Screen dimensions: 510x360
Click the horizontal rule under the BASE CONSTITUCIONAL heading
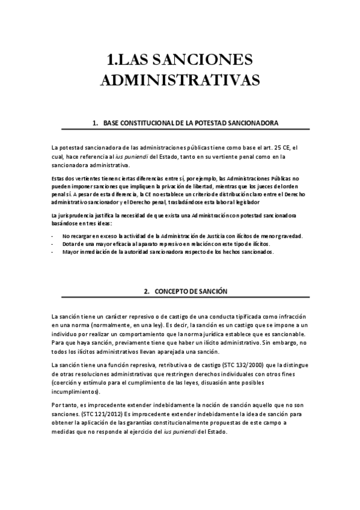coord(180,129)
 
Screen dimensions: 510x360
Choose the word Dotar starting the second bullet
coord(70,244)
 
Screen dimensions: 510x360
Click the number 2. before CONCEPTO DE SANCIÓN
coord(147,291)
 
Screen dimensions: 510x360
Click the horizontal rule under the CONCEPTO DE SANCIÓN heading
coord(180,298)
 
